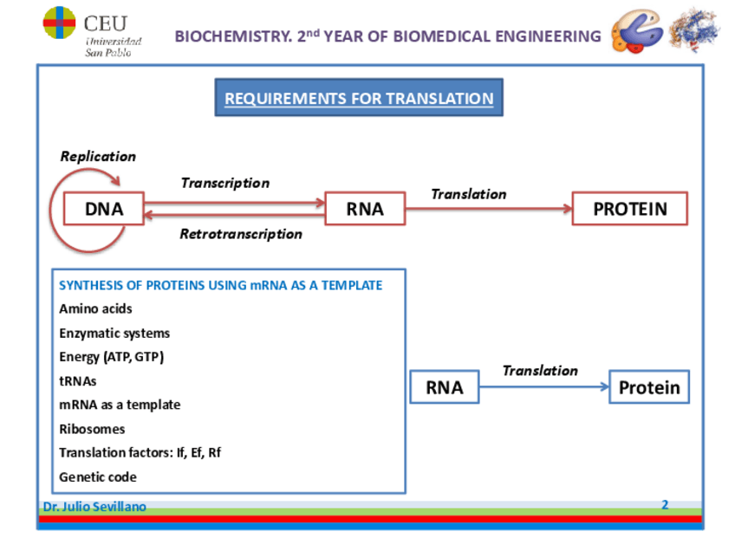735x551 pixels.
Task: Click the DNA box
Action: coord(104,209)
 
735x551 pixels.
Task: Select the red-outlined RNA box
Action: coord(365,209)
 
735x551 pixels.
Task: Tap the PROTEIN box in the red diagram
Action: coord(630,209)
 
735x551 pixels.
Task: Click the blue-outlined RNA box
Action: coord(444,387)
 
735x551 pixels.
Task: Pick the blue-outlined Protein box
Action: coord(649,387)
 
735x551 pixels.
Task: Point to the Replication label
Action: coord(98,157)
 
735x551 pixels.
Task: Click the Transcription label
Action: coord(224,183)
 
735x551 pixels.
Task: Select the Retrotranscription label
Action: coord(240,234)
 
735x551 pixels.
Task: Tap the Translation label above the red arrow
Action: coord(468,194)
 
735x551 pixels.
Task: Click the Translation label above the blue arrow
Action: coord(540,371)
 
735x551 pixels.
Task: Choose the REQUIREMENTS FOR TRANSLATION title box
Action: coord(358,98)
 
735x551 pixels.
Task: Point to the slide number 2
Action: coord(665,504)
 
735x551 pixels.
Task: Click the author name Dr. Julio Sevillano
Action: coord(94,507)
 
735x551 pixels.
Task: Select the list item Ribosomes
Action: coord(92,429)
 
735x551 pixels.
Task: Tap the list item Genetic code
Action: coord(98,476)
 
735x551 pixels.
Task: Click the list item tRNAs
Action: coord(78,380)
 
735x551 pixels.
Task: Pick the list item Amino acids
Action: coord(95,308)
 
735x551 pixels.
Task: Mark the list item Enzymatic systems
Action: coord(114,333)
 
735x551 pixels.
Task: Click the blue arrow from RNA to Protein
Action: coord(544,388)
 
